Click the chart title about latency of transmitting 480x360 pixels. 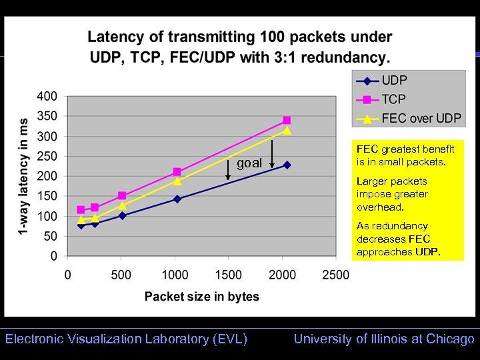(239, 47)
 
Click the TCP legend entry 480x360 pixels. (394, 100)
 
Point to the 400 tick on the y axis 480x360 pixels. (47, 96)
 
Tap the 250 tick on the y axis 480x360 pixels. (47, 156)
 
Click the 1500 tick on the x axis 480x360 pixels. (229, 275)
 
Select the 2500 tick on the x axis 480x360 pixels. (336, 275)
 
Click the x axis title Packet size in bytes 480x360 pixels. (202, 297)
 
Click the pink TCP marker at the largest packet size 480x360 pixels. (287, 120)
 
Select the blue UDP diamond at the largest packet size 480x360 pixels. (287, 165)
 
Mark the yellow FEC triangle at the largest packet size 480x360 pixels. (287, 131)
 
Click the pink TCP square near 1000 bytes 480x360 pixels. (177, 172)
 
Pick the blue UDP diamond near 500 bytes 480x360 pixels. (122, 215)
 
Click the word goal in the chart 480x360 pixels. (249, 163)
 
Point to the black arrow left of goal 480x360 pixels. (228, 170)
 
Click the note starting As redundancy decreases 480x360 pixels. (399, 239)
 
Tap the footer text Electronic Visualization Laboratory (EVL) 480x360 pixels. (126, 339)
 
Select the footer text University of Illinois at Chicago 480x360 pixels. (384, 339)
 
